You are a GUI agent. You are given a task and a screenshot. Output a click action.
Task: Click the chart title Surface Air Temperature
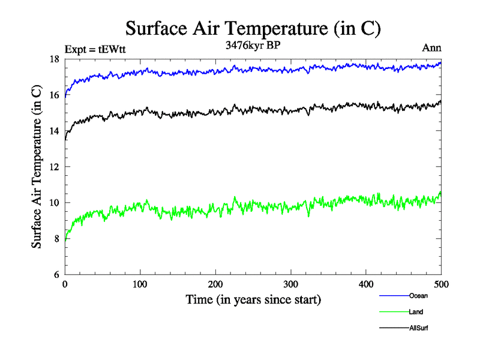253,28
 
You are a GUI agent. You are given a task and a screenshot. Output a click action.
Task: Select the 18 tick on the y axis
54,59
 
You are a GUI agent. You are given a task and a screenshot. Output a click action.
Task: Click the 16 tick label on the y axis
54,95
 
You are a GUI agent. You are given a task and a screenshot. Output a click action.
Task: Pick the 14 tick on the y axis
54,131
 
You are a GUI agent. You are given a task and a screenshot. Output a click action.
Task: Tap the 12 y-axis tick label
54,167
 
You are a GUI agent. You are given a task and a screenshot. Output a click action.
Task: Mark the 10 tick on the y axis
54,203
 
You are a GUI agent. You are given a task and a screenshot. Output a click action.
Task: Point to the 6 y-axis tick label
56,275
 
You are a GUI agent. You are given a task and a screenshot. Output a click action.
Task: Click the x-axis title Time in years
253,299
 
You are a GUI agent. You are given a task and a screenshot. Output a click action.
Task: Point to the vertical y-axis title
37,167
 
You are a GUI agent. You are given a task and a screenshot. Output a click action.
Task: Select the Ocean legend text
418,296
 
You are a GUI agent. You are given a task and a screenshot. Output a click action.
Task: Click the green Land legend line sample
394,312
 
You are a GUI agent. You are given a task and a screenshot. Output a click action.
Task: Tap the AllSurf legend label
419,328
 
